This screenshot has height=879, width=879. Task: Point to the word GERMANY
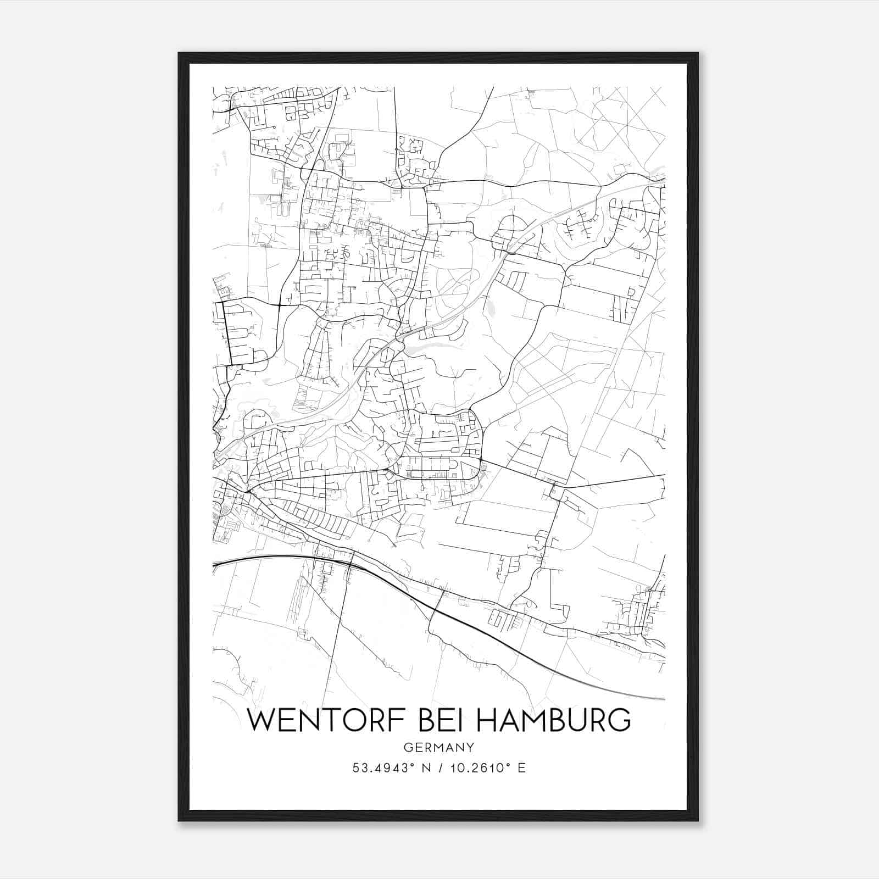point(438,747)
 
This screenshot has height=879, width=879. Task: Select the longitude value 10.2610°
point(477,767)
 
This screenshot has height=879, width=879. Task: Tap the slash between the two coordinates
point(437,767)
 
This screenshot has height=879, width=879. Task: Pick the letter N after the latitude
point(424,767)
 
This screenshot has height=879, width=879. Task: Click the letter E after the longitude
point(521,767)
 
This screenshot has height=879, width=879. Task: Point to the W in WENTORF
point(261,720)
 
